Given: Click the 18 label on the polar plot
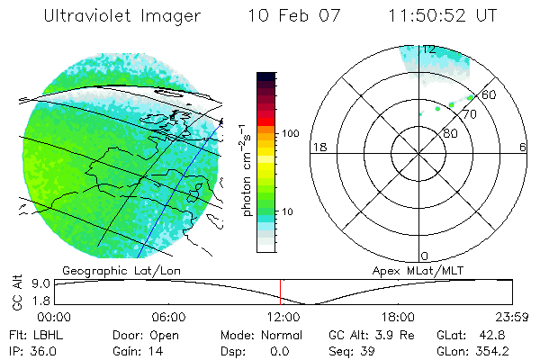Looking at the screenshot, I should point(318,147).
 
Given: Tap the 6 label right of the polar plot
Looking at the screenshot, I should point(523,147).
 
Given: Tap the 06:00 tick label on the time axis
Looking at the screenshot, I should point(168,317).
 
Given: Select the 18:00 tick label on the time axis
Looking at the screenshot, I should point(397,317).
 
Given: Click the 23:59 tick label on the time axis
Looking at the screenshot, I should point(509,317).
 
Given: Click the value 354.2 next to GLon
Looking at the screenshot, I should point(493,351).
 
